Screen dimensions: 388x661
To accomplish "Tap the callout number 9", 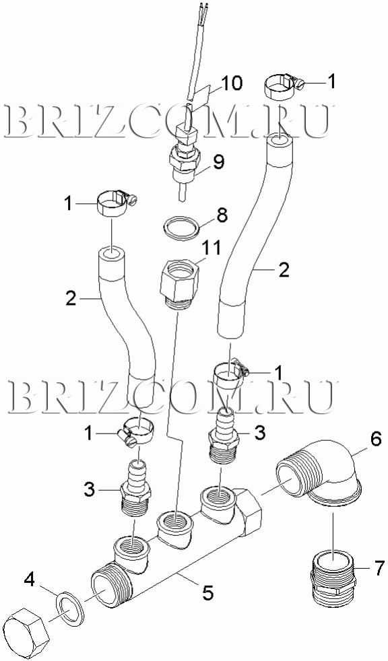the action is point(218,162).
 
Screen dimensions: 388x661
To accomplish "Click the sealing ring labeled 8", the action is point(181,228).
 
